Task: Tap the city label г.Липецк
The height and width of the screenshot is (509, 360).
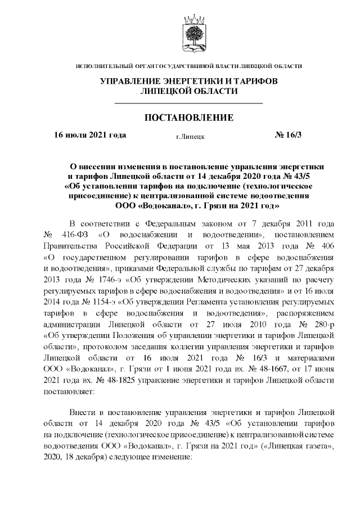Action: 190,136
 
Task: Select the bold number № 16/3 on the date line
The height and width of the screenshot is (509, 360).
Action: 288,135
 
